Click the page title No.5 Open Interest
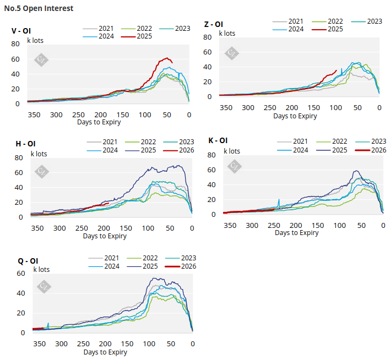click(x=39, y=9)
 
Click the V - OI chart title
click(x=21, y=31)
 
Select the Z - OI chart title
click(x=213, y=24)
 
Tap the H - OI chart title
click(x=25, y=144)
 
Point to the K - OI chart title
click(x=218, y=141)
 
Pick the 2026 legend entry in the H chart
click(x=184, y=150)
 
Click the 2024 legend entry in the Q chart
click(x=110, y=266)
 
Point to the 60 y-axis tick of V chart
click(x=15, y=59)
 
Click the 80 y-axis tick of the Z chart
click(x=208, y=37)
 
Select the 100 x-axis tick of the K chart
click(x=339, y=225)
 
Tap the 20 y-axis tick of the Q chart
click(x=21, y=313)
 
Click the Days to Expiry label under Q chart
click(x=105, y=352)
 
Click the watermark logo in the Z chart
click(x=232, y=53)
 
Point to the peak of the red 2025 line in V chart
click(x=167, y=58)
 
